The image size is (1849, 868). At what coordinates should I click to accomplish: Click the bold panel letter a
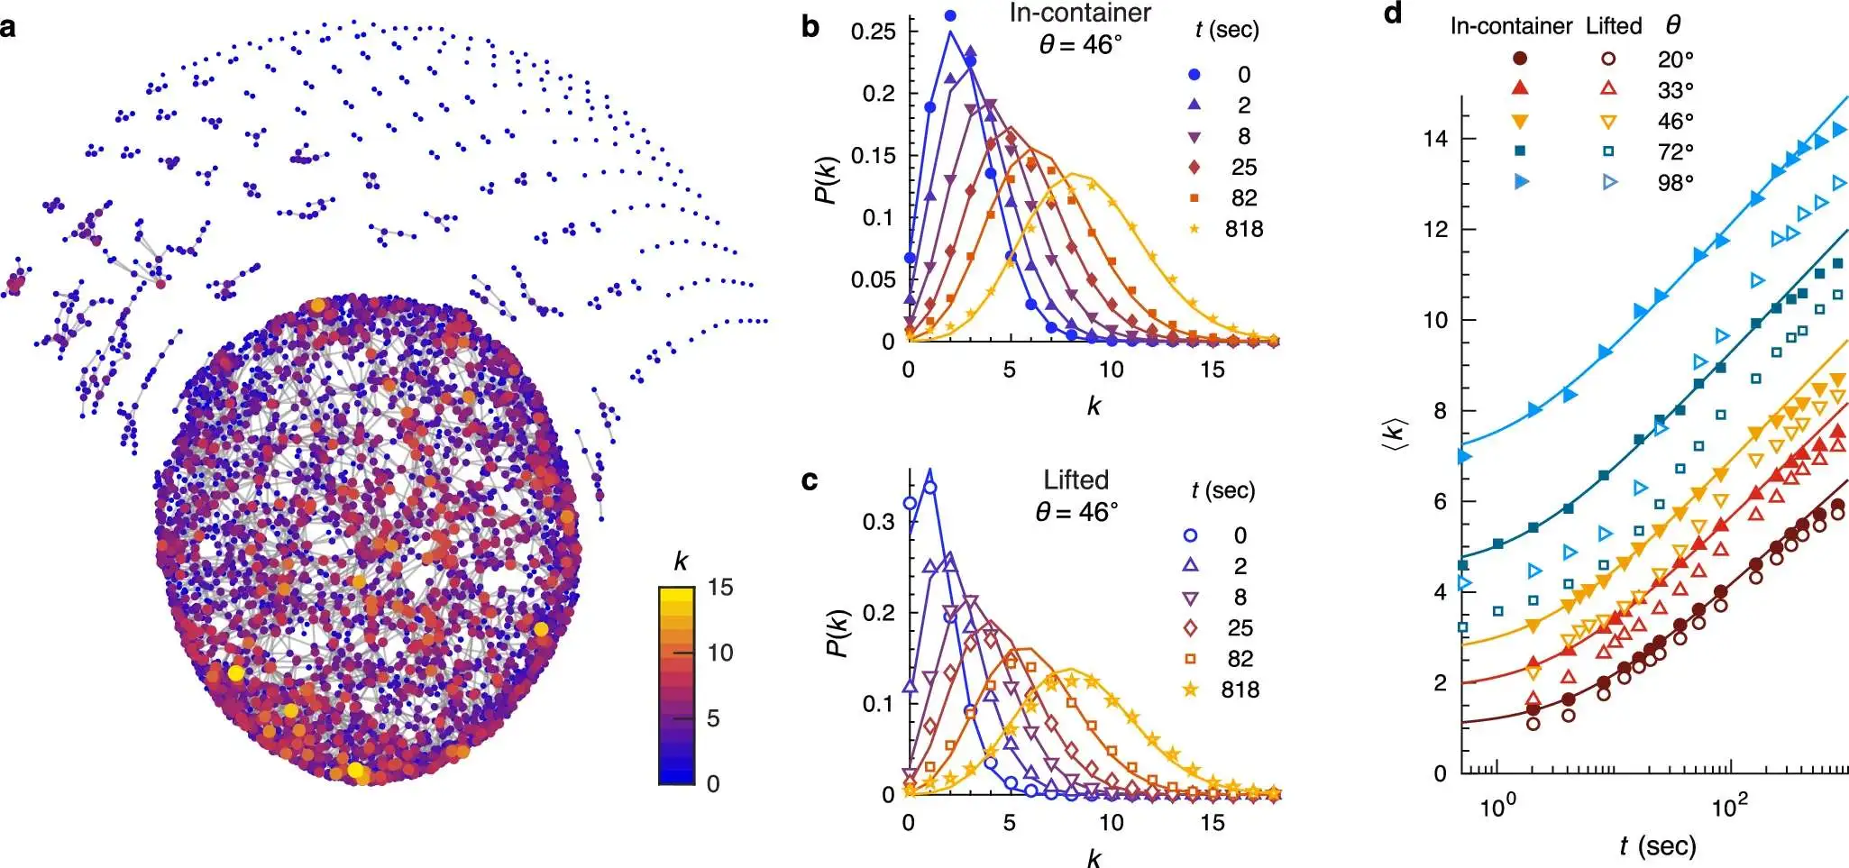click(x=8, y=27)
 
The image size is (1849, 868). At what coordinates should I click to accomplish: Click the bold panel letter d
click(x=1393, y=14)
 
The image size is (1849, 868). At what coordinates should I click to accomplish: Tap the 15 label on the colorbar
click(x=720, y=588)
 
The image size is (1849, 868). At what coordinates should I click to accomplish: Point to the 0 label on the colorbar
click(x=713, y=783)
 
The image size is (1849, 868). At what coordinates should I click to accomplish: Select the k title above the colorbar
click(x=681, y=562)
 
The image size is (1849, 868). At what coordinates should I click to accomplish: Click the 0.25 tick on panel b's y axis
click(x=874, y=32)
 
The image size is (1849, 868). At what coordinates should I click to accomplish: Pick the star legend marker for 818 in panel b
click(x=1195, y=229)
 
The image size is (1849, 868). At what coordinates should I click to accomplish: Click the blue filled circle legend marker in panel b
click(x=1195, y=75)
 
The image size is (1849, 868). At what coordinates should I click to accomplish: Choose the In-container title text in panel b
click(x=1080, y=14)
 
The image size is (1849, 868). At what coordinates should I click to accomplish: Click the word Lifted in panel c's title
click(x=1076, y=480)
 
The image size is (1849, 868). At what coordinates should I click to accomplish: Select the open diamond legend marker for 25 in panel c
click(x=1191, y=628)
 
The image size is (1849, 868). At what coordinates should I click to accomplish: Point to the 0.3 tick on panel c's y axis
click(x=879, y=522)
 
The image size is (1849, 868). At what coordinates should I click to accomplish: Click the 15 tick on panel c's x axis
click(x=1212, y=823)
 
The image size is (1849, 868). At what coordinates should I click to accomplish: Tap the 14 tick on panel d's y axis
click(x=1434, y=138)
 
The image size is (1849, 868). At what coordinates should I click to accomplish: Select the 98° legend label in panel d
click(x=1675, y=183)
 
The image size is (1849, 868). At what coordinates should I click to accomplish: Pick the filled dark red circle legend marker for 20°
click(x=1520, y=59)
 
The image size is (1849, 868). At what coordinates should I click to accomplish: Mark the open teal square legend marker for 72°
click(x=1607, y=151)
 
